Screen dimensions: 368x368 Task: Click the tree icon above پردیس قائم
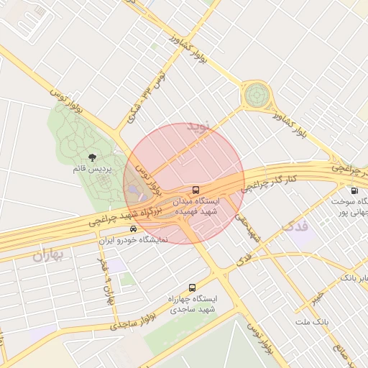tap(93, 157)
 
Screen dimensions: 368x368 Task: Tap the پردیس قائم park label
tap(93, 168)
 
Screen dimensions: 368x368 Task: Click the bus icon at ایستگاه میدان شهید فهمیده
tap(197, 190)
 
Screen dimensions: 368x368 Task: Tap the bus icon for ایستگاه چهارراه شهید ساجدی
tap(191, 287)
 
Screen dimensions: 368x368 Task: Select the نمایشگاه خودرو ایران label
tap(132, 239)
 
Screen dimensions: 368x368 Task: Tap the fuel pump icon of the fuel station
tap(354, 190)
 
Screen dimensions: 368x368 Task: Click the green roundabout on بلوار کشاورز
tap(255, 95)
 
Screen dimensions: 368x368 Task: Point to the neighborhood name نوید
tap(201, 126)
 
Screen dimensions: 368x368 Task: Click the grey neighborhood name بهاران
tap(49, 254)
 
